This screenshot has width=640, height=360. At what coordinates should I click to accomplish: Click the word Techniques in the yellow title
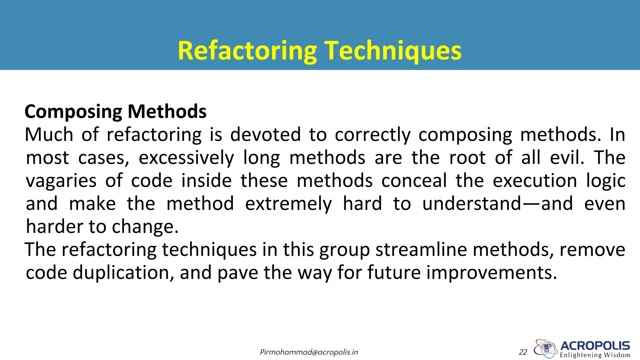(393, 51)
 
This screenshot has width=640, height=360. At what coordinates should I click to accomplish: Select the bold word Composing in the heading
(73, 112)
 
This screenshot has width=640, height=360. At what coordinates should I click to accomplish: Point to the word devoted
(265, 135)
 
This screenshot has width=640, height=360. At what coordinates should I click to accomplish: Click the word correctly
(372, 135)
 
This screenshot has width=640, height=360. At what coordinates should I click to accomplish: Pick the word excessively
(186, 158)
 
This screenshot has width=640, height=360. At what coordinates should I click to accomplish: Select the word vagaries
(61, 181)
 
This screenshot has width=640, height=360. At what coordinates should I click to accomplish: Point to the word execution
(535, 181)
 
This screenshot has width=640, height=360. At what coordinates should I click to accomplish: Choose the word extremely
(288, 204)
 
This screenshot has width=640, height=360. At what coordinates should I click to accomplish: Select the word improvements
(492, 273)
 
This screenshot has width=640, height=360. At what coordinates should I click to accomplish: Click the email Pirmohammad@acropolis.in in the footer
(309, 352)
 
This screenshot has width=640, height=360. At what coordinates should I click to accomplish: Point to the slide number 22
(523, 352)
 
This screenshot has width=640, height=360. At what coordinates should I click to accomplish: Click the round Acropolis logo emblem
(546, 348)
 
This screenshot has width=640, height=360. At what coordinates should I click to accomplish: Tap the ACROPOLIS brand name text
(595, 346)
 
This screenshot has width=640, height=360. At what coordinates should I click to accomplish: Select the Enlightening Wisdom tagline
(595, 355)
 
